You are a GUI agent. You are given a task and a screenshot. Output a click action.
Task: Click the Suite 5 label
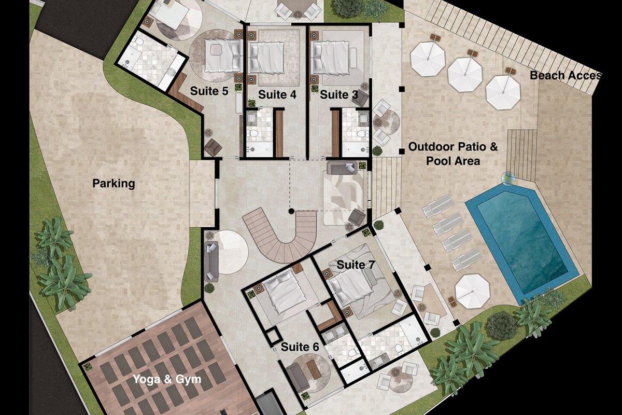coord(209,91)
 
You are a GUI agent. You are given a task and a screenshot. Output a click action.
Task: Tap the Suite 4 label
coord(277,94)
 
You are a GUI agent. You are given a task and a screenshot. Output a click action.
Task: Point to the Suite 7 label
coord(356,265)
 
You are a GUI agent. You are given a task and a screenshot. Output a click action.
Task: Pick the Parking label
coord(114,183)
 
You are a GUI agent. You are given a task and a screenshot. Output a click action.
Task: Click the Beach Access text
coord(565,76)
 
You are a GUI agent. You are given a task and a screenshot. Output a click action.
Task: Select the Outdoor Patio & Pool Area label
coord(453,154)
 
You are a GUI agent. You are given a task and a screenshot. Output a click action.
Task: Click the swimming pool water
coord(521,244)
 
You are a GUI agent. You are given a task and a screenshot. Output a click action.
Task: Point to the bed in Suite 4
coord(268,57)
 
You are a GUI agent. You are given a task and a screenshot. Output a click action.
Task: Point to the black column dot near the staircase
coord(292,211)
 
